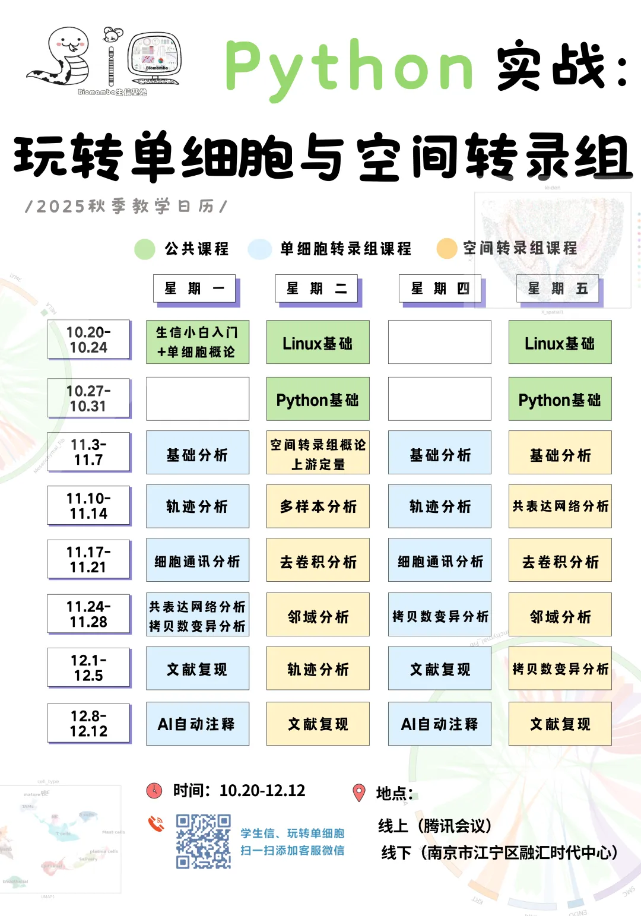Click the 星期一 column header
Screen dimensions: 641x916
[195, 289]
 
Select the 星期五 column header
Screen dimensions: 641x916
[558, 289]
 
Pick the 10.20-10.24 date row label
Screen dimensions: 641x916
[88, 340]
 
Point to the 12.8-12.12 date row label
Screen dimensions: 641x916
[88, 723]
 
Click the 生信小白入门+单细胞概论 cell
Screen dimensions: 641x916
[197, 342]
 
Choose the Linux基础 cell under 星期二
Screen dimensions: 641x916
[318, 343]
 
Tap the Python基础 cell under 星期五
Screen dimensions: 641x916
[560, 399]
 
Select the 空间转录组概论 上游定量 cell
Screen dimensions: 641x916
[318, 453]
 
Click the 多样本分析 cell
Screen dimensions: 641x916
[318, 506]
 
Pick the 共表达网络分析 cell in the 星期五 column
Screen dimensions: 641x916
[560, 506]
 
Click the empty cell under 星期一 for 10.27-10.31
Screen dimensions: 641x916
[197, 399]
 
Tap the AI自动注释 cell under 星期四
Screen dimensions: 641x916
[439, 724]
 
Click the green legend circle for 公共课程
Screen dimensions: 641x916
[145, 249]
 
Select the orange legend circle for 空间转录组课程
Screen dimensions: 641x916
[446, 249]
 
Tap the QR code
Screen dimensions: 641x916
[203, 842]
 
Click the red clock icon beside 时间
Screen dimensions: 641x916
[154, 790]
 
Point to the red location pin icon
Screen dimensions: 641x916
[359, 793]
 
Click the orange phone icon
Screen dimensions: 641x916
[156, 823]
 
